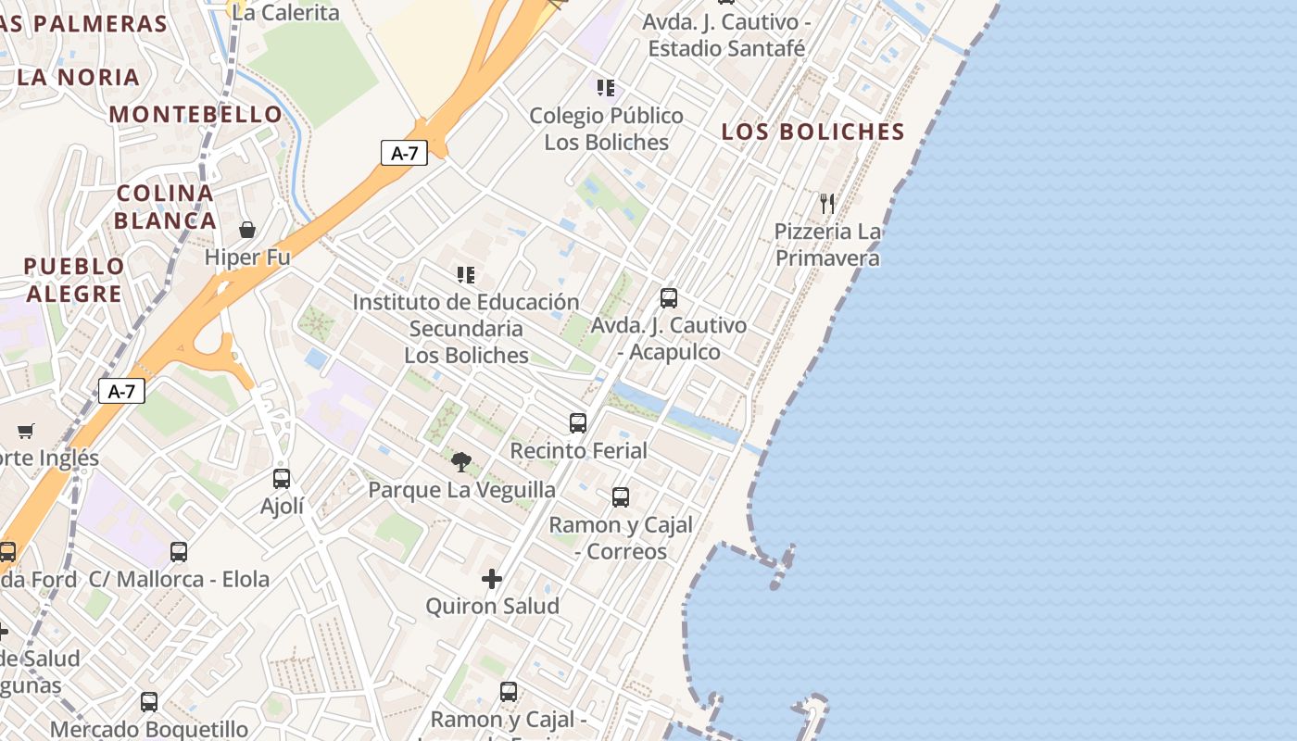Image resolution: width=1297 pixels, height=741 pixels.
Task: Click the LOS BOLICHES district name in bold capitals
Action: (812, 132)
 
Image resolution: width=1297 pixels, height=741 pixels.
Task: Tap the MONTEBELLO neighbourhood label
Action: (195, 114)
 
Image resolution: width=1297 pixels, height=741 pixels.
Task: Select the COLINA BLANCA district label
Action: (165, 207)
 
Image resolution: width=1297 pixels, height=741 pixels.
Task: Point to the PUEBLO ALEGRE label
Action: (74, 280)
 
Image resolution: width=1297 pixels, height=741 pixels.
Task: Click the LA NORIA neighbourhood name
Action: (78, 77)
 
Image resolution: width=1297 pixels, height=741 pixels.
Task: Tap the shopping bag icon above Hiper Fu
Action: (247, 229)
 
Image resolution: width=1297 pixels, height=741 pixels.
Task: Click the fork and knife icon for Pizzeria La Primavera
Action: (827, 203)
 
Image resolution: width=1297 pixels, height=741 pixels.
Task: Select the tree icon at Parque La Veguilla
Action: (461, 461)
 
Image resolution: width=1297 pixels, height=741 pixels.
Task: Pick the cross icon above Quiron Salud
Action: (492, 579)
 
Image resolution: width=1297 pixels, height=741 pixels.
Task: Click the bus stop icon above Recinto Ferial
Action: (578, 422)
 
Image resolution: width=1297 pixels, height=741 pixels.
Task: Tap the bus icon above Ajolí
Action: (282, 478)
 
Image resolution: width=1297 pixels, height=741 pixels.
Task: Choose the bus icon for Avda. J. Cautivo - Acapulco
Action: (669, 297)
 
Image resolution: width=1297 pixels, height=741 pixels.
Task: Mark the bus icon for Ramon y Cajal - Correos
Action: (621, 496)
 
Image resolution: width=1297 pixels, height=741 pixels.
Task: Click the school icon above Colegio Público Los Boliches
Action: (606, 88)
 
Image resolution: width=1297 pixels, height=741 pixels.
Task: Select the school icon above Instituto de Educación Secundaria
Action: (466, 274)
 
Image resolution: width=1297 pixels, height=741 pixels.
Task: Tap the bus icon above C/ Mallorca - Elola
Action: (179, 551)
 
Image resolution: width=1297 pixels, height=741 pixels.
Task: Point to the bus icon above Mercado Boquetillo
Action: (149, 701)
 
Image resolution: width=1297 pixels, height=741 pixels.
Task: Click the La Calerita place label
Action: (285, 12)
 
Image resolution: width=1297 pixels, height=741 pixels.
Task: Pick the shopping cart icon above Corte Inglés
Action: (26, 431)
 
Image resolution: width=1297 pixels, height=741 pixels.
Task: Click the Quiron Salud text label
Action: (492, 606)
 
